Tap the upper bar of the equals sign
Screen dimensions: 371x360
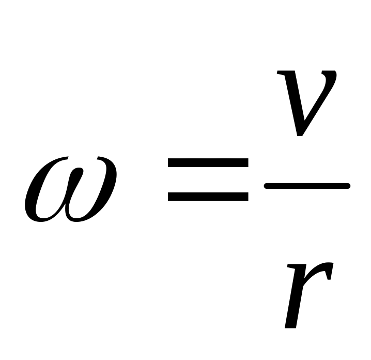pos(208,163)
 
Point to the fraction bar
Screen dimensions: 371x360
pos(307,186)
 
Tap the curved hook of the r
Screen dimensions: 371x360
pos(323,269)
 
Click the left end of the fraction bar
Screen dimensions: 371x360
pos(267,186)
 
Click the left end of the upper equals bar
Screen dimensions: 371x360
pos(171,163)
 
